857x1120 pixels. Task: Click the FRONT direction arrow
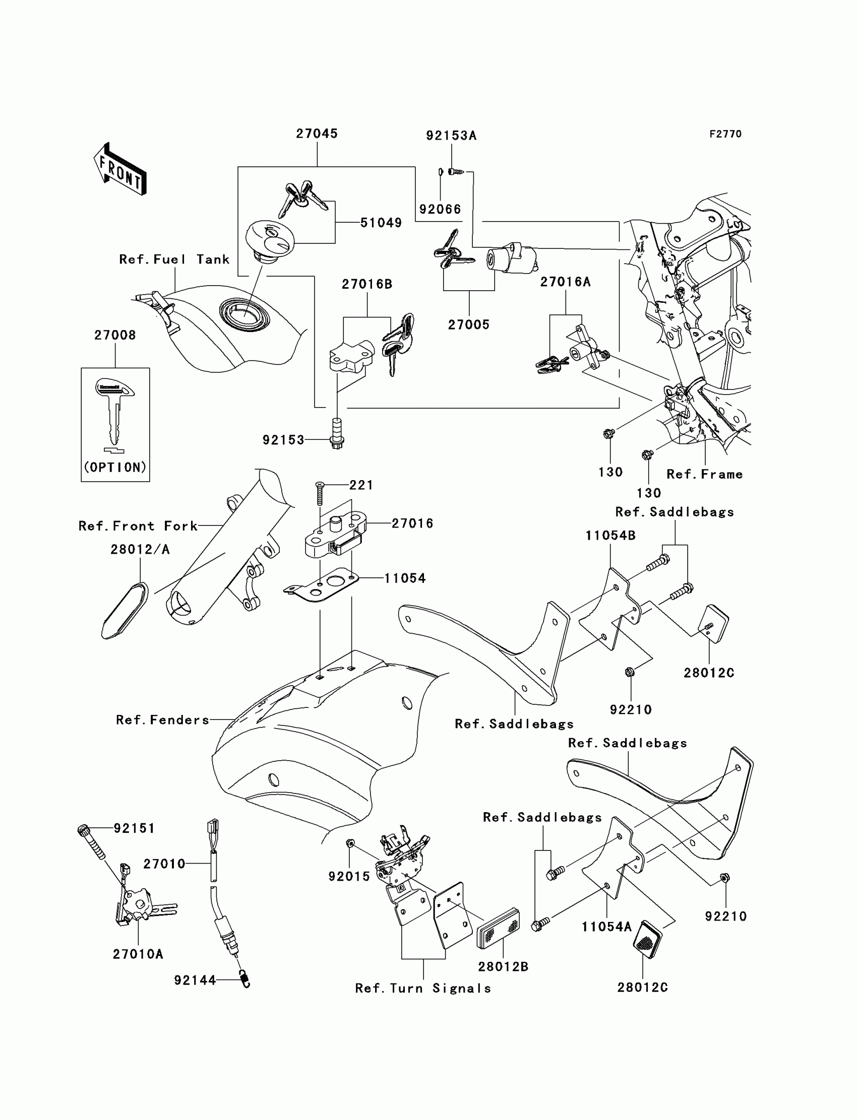click(x=120, y=169)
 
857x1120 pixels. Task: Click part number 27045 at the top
click(x=317, y=134)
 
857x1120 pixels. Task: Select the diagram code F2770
click(x=725, y=134)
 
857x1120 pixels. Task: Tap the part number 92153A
click(x=451, y=136)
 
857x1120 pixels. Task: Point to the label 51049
click(x=381, y=223)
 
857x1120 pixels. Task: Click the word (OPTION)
click(x=115, y=467)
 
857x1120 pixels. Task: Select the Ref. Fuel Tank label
click(x=174, y=259)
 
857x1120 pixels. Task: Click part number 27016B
click(x=367, y=284)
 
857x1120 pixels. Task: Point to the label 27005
click(x=468, y=325)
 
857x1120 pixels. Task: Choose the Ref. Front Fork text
click(x=138, y=526)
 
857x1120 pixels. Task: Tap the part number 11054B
click(x=610, y=536)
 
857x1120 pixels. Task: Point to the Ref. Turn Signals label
click(x=423, y=989)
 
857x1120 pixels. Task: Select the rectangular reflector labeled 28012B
click(x=498, y=929)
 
